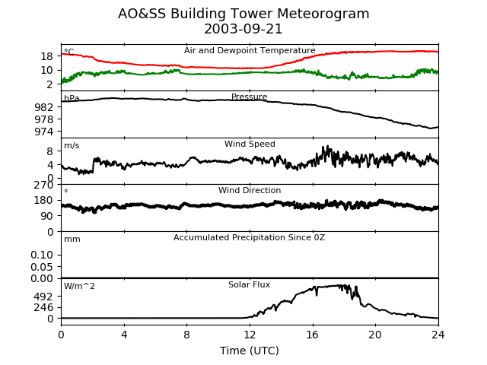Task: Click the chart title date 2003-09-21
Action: pyautogui.click(x=243, y=29)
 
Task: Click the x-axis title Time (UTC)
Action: pyautogui.click(x=250, y=351)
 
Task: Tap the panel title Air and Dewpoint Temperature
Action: pyautogui.click(x=250, y=51)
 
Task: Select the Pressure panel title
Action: pyautogui.click(x=250, y=97)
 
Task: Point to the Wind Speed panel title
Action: pyautogui.click(x=250, y=144)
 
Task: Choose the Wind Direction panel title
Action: pyautogui.click(x=250, y=191)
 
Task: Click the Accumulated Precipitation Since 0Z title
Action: pyautogui.click(x=250, y=238)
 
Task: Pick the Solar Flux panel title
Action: pyautogui.click(x=250, y=285)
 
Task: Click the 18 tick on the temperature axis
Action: pyautogui.click(x=46, y=56)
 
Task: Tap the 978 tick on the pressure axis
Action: pyautogui.click(x=43, y=119)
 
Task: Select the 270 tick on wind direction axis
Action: pyautogui.click(x=43, y=185)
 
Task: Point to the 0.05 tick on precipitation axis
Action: pyautogui.click(x=41, y=267)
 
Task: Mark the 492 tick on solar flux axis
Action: pyautogui.click(x=43, y=297)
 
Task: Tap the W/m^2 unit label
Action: pyautogui.click(x=79, y=287)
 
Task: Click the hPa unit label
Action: pyautogui.click(x=72, y=99)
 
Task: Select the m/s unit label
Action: pyautogui.click(x=72, y=146)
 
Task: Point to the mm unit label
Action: pyautogui.click(x=72, y=240)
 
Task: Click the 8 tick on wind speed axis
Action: pyautogui.click(x=49, y=151)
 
